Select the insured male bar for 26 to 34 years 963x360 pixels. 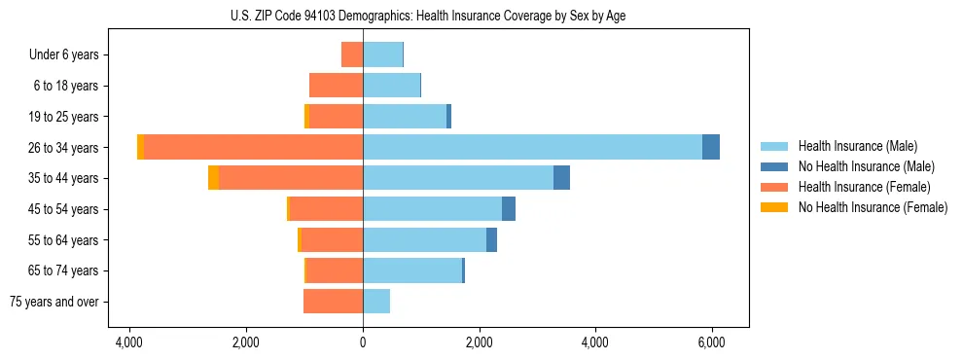532,147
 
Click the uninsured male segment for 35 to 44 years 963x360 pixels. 561,178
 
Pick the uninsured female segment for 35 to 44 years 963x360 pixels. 213,178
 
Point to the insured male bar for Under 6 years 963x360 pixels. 382,54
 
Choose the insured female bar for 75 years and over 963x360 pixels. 333,302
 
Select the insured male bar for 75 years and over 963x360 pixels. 376,302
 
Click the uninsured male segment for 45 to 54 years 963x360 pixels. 509,209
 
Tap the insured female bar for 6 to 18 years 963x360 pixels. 336,86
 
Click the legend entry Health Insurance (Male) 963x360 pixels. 857,146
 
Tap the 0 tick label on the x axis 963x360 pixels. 363,342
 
